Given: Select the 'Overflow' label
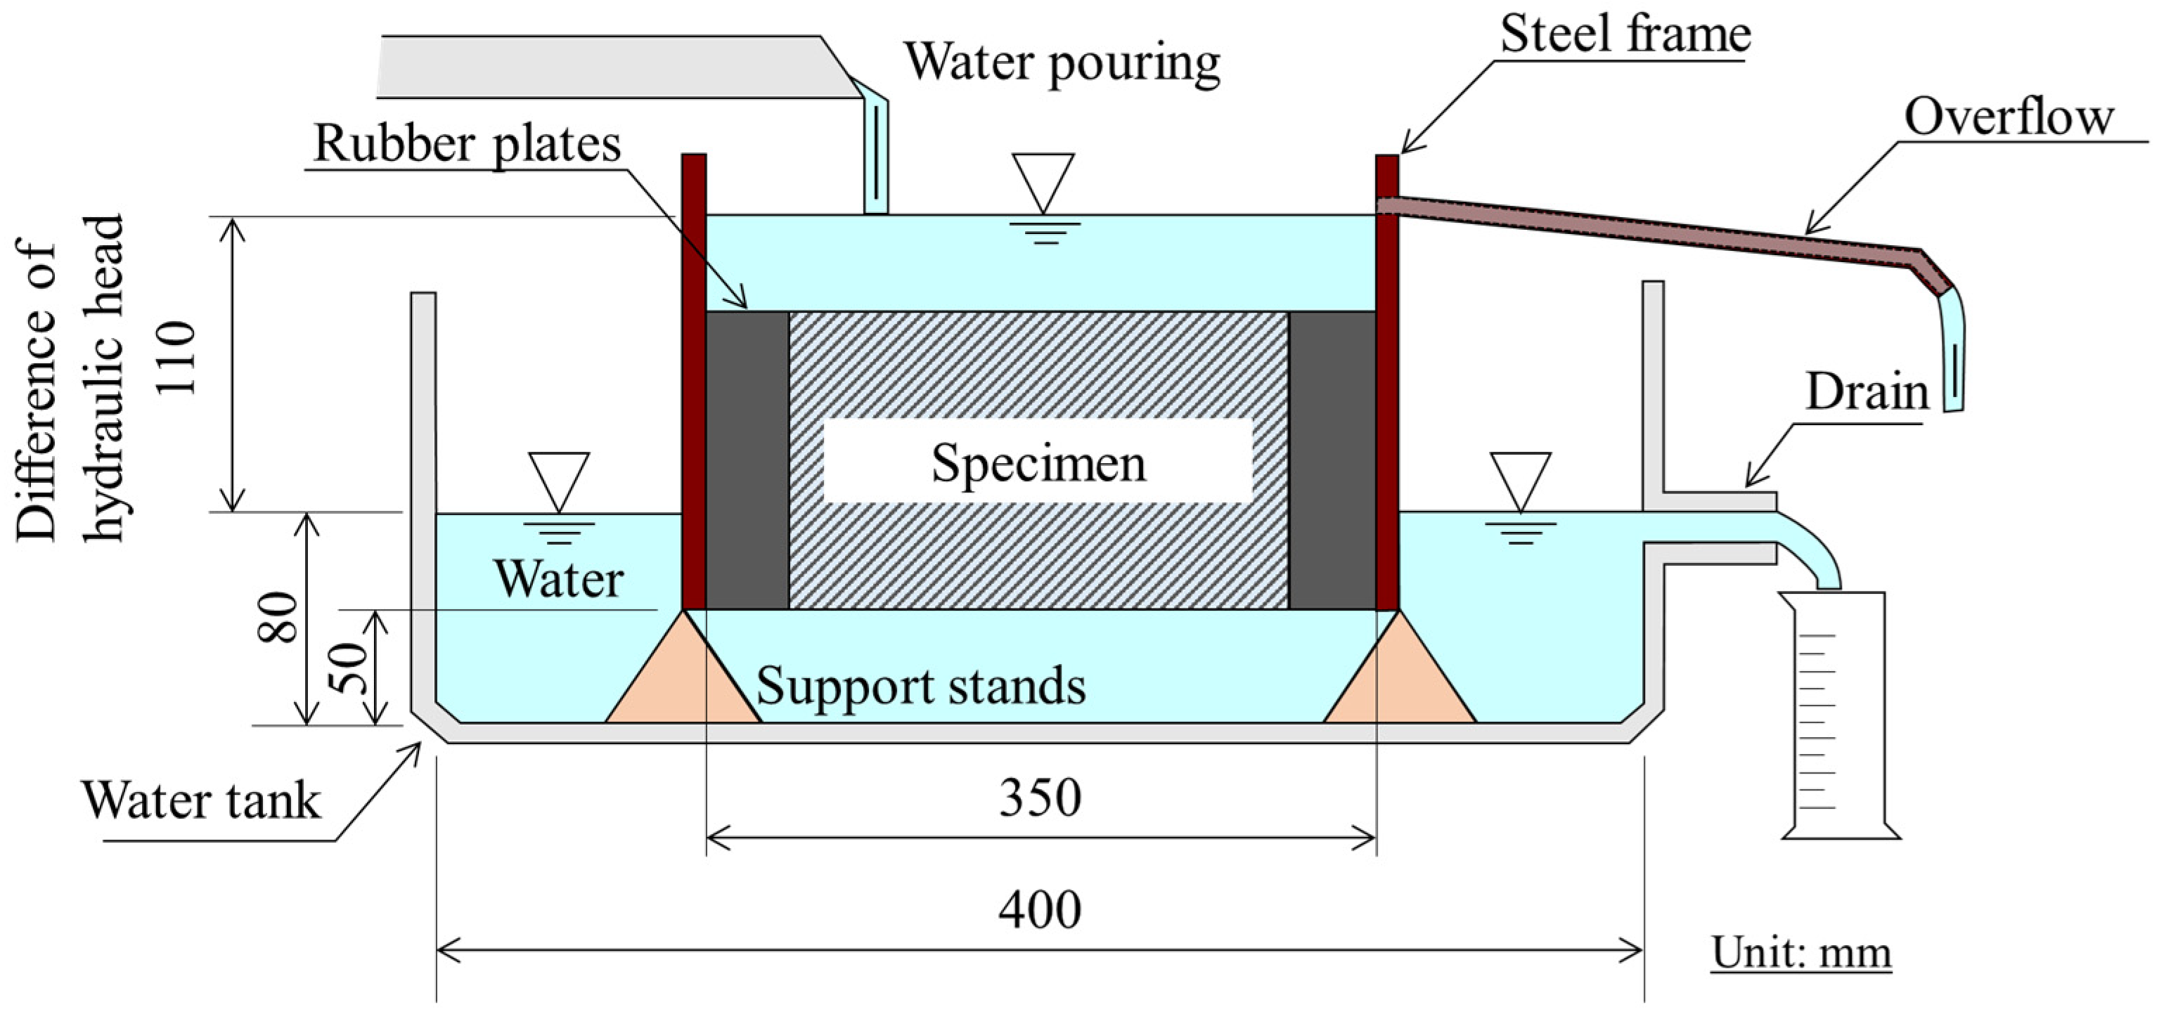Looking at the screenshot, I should tap(2008, 117).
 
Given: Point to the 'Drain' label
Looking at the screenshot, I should tap(1867, 392).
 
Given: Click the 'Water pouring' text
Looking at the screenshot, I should tap(1061, 63).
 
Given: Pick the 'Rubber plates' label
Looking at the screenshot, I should tap(467, 144).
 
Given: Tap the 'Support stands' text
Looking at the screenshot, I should tap(920, 687).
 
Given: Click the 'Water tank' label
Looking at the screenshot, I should tap(201, 800).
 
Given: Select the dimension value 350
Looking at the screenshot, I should tap(1039, 798).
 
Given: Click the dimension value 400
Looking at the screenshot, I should tap(1039, 910).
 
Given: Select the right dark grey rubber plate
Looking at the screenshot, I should tap(1332, 461).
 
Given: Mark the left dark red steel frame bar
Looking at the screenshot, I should tap(693, 382).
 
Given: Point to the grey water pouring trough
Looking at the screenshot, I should tap(603, 67).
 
